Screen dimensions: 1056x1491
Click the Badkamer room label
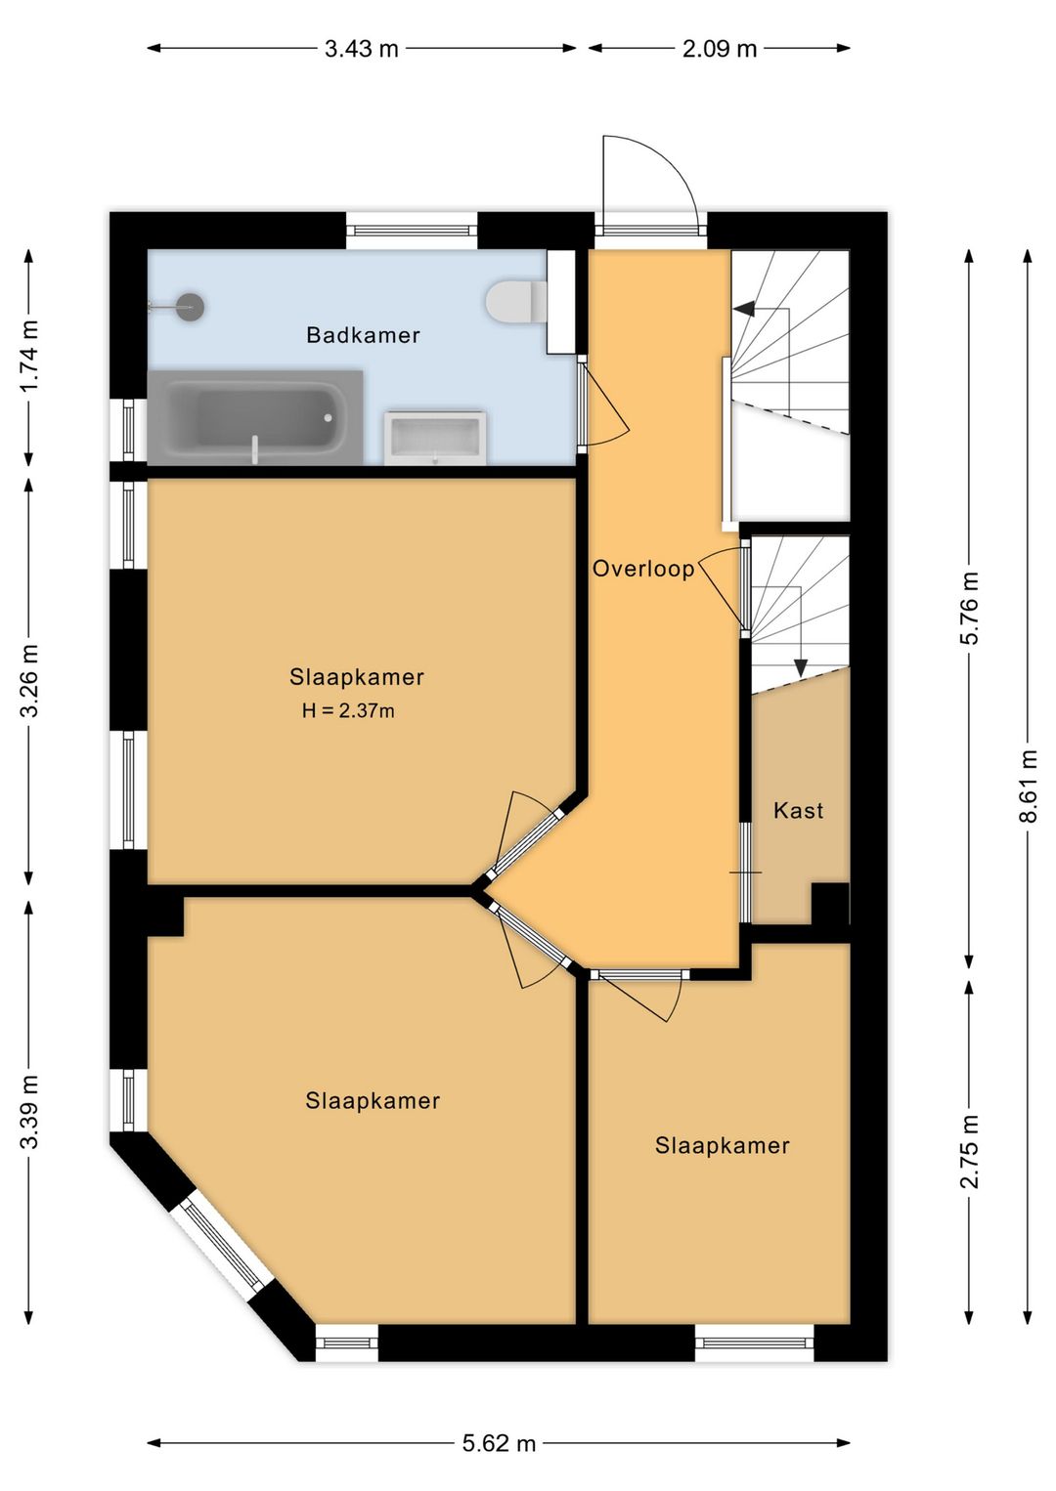coord(363,335)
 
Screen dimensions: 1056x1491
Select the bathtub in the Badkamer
coord(255,418)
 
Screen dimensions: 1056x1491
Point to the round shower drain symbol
coord(191,307)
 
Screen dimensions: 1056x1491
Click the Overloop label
coord(643,569)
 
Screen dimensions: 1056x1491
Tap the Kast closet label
coord(798,810)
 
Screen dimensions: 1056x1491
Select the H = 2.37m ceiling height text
coord(348,711)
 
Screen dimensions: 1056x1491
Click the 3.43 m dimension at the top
coord(361,49)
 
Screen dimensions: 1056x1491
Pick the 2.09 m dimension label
coord(720,49)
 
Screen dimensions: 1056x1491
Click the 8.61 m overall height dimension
coord(1030,787)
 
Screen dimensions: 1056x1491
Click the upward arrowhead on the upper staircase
coord(745,309)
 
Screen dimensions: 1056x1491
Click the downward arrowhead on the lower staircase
coord(801,667)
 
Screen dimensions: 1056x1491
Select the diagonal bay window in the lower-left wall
coord(220,1244)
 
